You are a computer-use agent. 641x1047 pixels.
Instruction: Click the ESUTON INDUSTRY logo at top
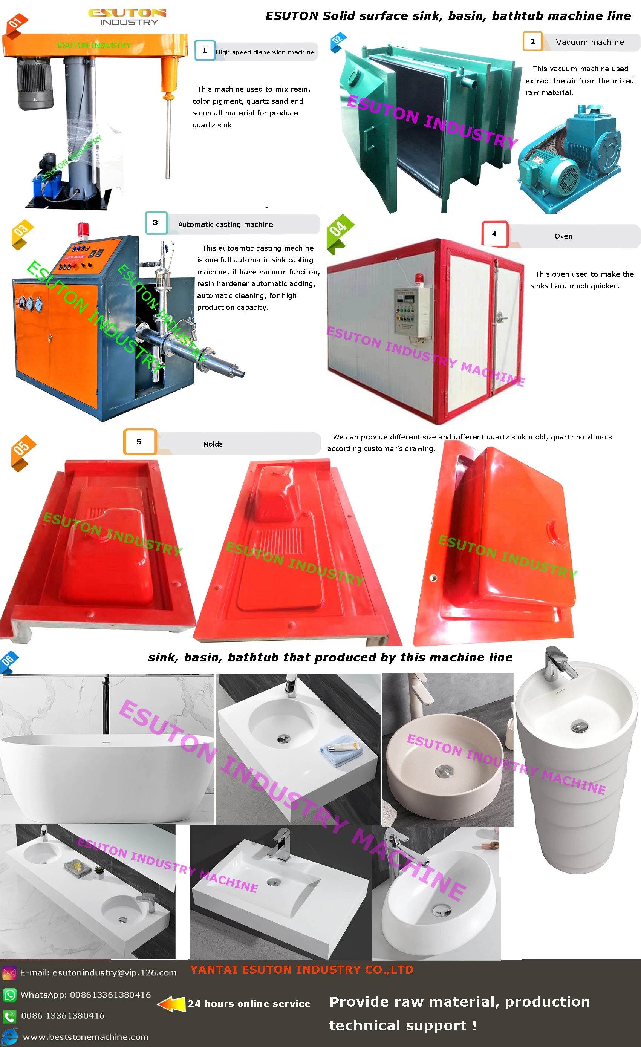coord(127,17)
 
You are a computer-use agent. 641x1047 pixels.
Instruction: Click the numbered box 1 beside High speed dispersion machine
coord(205,51)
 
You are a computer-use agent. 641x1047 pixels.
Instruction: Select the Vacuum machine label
coord(590,42)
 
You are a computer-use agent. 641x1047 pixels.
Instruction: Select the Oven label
coord(563,236)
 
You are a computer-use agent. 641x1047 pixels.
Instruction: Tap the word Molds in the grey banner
coord(213,444)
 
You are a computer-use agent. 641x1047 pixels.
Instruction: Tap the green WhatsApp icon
coord(9,994)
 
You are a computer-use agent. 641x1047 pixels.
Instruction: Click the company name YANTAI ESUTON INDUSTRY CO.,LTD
coord(301,970)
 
